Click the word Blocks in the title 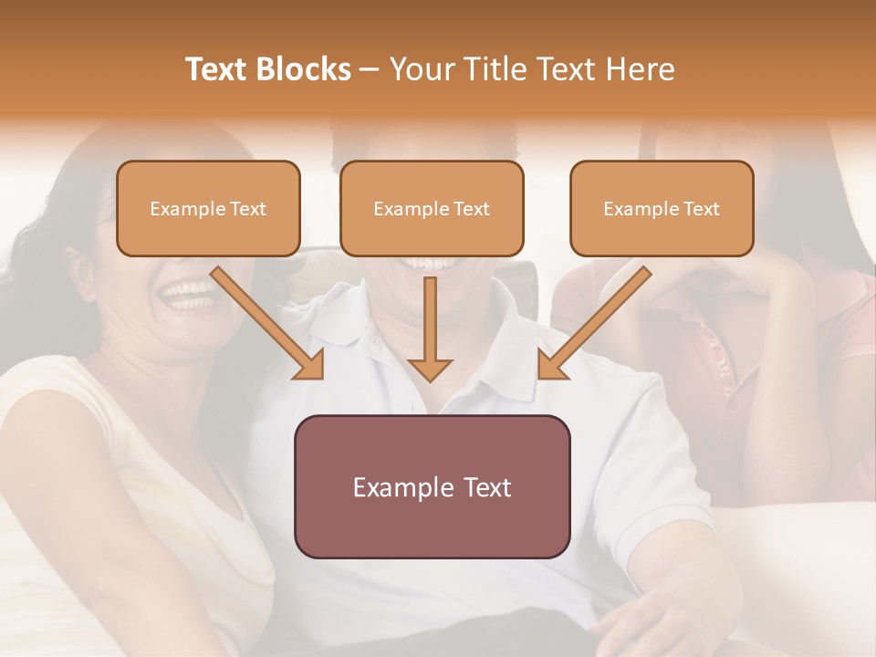[302, 69]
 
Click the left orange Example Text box [208, 208]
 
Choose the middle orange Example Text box [432, 208]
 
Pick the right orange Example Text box [662, 208]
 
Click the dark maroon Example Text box [432, 486]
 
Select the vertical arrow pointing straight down [430, 328]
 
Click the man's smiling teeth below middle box [429, 264]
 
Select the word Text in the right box [701, 208]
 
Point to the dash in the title [370, 69]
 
